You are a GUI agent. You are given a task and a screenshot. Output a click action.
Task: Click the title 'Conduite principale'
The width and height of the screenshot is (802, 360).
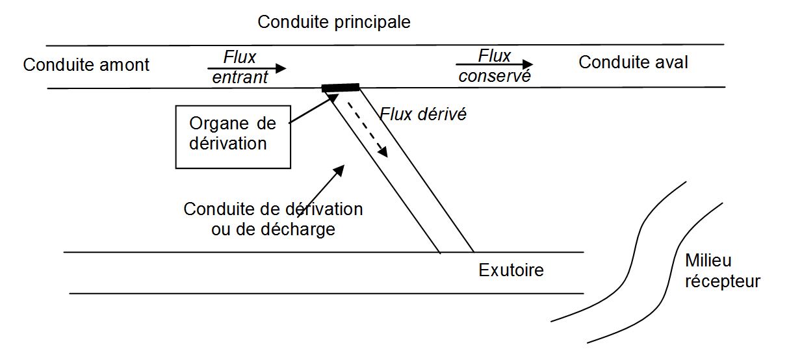(333, 23)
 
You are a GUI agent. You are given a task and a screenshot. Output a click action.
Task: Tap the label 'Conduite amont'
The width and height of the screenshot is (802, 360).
(86, 65)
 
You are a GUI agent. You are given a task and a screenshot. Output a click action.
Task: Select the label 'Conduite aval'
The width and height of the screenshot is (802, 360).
(633, 62)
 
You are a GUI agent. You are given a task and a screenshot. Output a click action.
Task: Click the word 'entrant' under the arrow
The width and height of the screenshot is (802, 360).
(240, 77)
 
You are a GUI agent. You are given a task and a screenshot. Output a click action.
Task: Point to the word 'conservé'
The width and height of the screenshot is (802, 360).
(495, 76)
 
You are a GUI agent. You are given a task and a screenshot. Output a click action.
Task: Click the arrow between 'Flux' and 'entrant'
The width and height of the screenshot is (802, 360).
(247, 68)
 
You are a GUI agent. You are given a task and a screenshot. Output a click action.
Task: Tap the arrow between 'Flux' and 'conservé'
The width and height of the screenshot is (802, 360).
(494, 64)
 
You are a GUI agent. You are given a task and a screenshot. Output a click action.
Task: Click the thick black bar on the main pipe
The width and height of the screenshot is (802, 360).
(340, 88)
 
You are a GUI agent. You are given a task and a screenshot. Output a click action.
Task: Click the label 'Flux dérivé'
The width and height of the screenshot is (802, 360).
(423, 114)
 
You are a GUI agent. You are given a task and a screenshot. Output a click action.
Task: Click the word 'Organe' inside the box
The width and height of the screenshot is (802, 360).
(218, 124)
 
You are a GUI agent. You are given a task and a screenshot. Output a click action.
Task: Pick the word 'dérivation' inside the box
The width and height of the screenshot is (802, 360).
(227, 144)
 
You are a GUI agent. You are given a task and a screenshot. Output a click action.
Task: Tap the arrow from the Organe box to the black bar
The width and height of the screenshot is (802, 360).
(314, 108)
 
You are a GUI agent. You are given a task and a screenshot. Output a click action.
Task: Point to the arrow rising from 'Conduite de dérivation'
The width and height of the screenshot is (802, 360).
(321, 191)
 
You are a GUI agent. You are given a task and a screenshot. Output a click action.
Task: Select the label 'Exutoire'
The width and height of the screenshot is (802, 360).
(511, 270)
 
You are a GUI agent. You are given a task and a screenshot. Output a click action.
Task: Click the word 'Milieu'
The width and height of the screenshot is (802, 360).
(708, 261)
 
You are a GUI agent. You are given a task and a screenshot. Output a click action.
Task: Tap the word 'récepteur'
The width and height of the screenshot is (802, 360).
(723, 281)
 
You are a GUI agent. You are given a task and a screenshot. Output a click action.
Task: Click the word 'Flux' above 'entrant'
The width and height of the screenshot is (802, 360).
(240, 57)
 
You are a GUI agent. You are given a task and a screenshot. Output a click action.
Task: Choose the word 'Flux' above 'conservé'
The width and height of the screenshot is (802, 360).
(494, 56)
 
